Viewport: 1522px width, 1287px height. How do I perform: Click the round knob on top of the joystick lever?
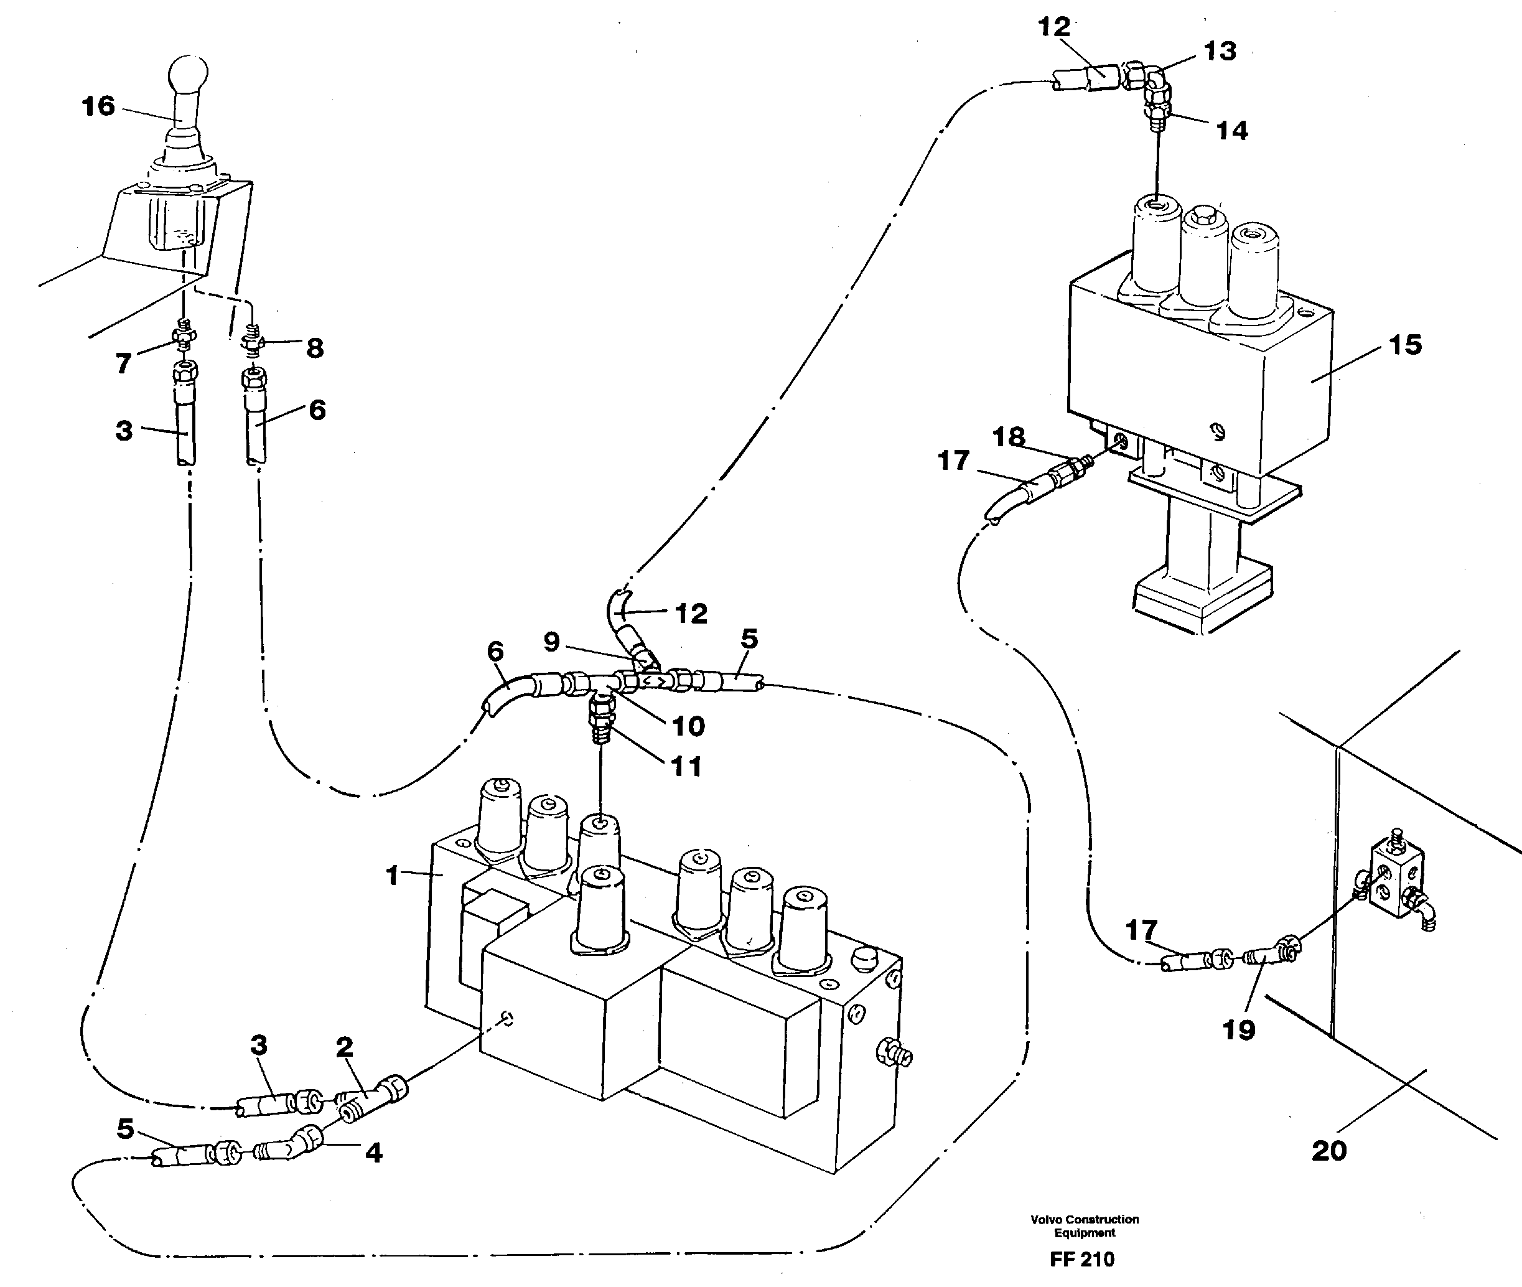point(188,75)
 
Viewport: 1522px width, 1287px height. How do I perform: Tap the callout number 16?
point(98,106)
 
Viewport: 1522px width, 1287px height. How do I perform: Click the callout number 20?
point(1328,1151)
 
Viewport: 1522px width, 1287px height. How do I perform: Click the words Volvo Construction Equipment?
point(1085,1226)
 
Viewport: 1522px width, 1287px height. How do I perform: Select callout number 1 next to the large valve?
point(393,876)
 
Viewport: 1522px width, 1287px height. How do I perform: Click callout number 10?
point(688,725)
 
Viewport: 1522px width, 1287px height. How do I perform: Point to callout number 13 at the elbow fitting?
point(1220,51)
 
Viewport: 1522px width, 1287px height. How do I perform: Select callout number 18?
point(1009,437)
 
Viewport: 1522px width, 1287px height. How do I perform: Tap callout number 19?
point(1238,1029)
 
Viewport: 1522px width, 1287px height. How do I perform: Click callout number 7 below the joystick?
point(124,363)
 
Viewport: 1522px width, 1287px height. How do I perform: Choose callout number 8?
point(314,348)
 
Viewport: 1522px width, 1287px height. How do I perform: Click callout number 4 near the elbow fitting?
point(373,1152)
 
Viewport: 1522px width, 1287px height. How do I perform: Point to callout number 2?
point(344,1047)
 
